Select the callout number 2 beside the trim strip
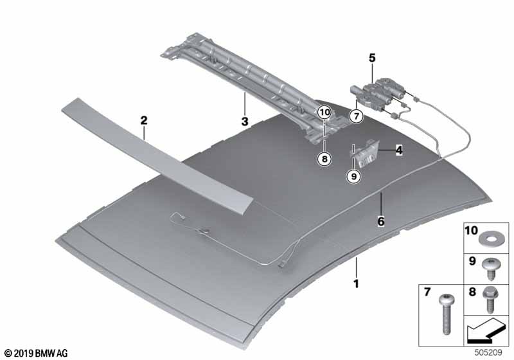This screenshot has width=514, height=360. click(144, 120)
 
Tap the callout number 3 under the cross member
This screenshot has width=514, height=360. click(244, 121)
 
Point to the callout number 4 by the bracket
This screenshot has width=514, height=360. click(399, 150)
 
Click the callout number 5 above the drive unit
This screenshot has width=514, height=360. click(371, 59)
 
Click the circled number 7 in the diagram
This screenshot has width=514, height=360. click(355, 116)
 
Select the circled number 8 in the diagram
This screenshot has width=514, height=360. click(325, 157)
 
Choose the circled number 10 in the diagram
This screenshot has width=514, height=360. click(325, 112)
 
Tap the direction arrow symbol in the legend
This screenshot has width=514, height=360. click(485, 334)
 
